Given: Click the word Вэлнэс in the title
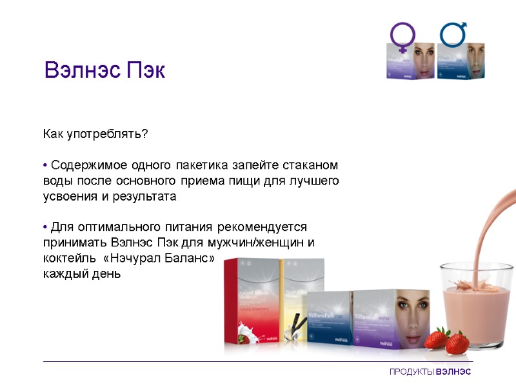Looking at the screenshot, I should click(81, 70).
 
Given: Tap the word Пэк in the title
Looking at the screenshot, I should click(145, 70).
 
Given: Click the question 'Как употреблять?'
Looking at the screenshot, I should click(95, 134).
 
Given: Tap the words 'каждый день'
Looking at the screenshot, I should click(81, 273).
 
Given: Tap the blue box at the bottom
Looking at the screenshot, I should click(329, 319).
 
